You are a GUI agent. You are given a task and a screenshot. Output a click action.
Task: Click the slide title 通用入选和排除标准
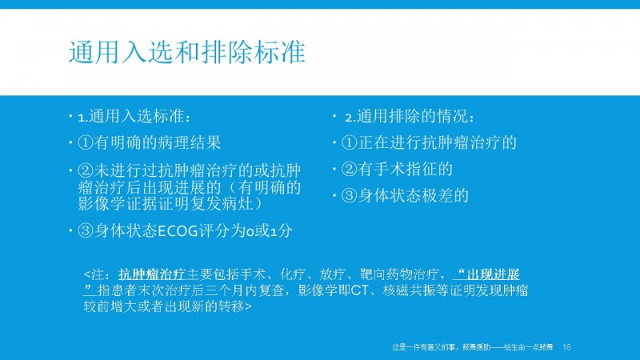(187, 52)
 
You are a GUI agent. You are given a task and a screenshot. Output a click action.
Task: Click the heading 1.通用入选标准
(134, 117)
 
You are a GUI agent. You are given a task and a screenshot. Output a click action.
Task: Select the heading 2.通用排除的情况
(410, 117)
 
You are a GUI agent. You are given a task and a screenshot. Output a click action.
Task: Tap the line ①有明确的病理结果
(149, 143)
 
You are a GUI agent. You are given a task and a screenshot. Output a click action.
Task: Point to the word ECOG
(178, 231)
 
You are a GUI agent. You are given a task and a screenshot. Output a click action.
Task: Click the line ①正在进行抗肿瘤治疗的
(429, 143)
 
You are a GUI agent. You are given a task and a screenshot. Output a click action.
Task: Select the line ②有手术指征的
(397, 169)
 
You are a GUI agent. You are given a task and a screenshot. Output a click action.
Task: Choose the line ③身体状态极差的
(405, 195)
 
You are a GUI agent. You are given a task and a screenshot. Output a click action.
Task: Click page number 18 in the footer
(566, 347)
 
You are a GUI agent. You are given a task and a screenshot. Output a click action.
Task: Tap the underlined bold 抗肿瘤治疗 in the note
(152, 274)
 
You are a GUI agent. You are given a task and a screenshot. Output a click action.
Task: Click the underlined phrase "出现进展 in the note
(486, 274)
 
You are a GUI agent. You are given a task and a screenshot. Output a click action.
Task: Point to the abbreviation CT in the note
(359, 290)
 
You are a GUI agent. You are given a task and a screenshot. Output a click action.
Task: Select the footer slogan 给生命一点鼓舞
(529, 347)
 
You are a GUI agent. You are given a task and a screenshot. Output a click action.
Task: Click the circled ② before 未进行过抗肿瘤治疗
(86, 170)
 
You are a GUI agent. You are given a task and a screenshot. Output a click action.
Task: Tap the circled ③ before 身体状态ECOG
(86, 231)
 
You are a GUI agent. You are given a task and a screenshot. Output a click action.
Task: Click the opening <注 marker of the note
(93, 274)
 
